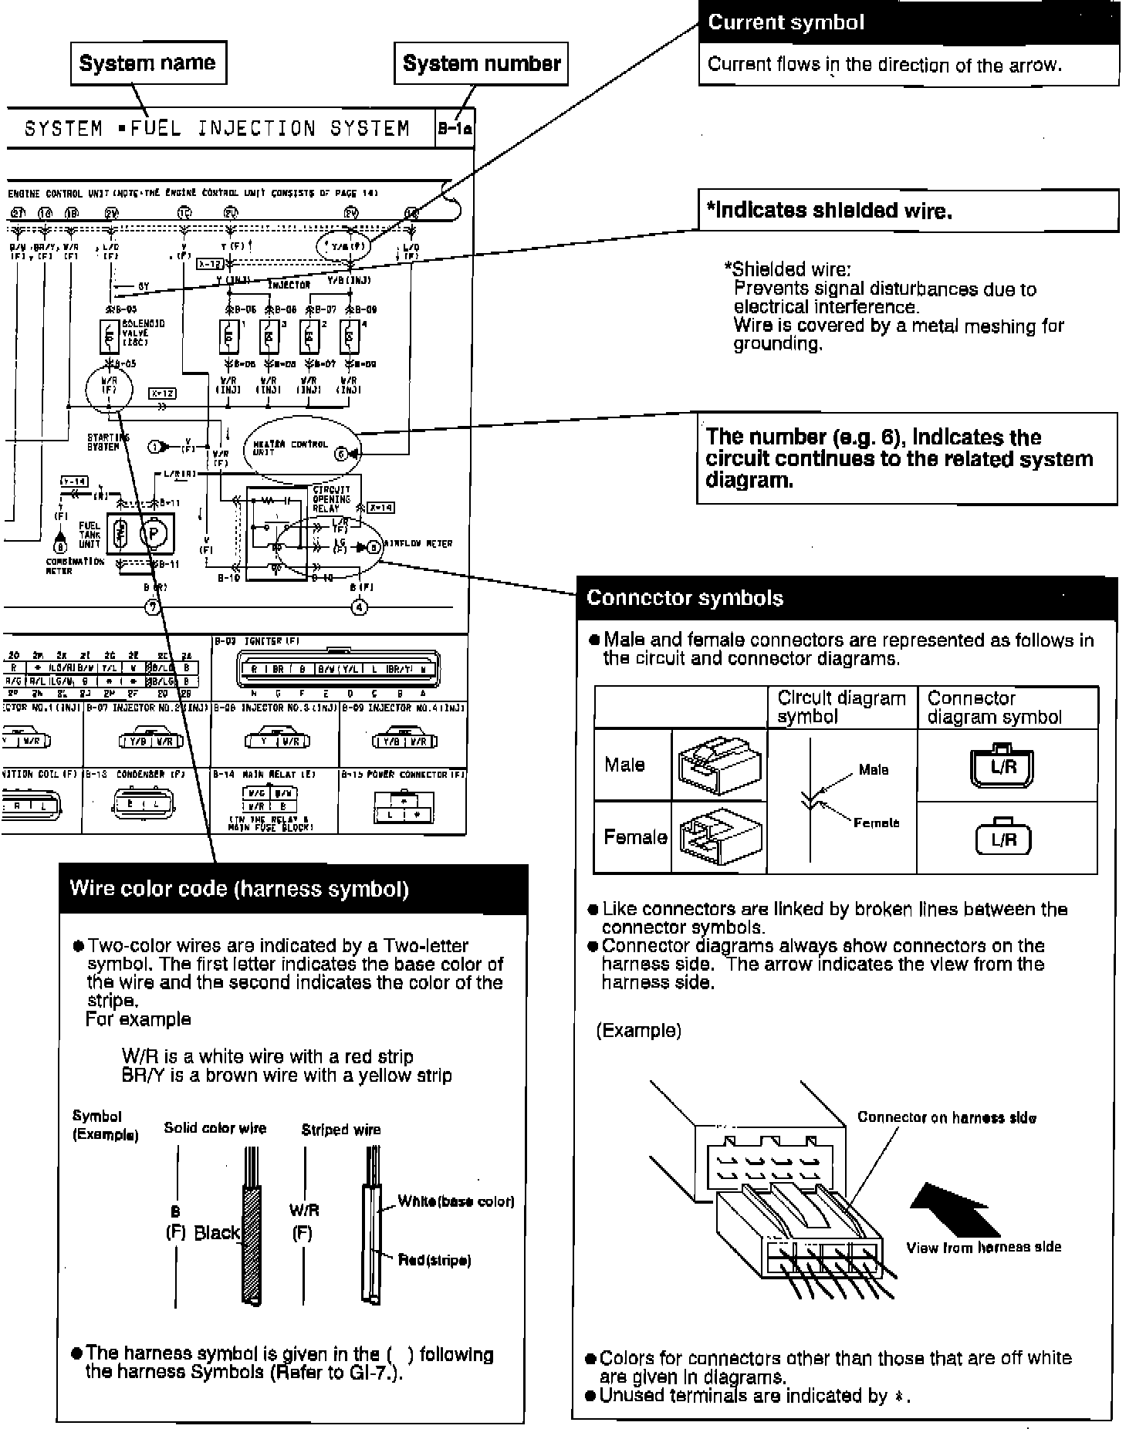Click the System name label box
tap(148, 62)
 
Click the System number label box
tap(482, 63)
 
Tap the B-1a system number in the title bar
tap(455, 129)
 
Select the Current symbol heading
tap(786, 22)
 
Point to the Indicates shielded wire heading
tap(829, 211)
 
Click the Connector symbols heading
tap(685, 598)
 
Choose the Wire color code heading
tap(239, 888)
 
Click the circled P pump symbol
tap(153, 534)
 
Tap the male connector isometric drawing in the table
tap(719, 765)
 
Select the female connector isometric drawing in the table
tap(719, 837)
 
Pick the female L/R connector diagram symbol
tap(1003, 838)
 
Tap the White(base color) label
tap(456, 1201)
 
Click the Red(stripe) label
tap(434, 1260)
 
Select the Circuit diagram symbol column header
tap(841, 707)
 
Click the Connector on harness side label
tap(947, 1117)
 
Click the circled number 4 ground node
tap(360, 607)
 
